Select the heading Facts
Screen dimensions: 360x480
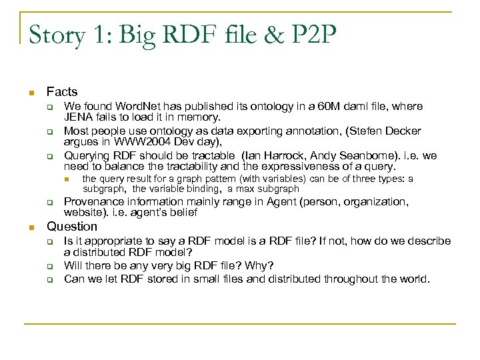tap(62, 92)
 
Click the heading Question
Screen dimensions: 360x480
tap(72, 227)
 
